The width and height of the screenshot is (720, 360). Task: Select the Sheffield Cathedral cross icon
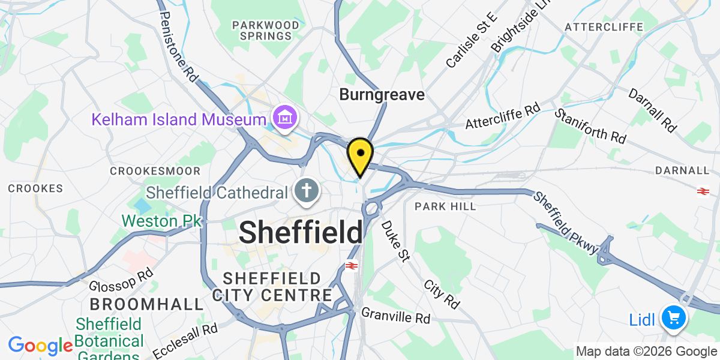[307, 193]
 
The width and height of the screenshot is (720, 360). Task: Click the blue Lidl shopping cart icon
[673, 317]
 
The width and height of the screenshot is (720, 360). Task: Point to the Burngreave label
[382, 95]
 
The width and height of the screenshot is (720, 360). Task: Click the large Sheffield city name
[301, 232]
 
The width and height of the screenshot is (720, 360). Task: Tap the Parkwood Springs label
[266, 30]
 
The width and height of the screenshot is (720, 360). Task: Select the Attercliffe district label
[604, 27]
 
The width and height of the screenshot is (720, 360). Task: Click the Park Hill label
[445, 206]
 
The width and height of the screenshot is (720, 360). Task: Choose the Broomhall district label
[147, 304]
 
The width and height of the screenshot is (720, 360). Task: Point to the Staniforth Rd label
[590, 126]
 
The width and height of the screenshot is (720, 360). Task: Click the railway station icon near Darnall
[703, 191]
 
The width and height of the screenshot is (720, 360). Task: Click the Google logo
[40, 346]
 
